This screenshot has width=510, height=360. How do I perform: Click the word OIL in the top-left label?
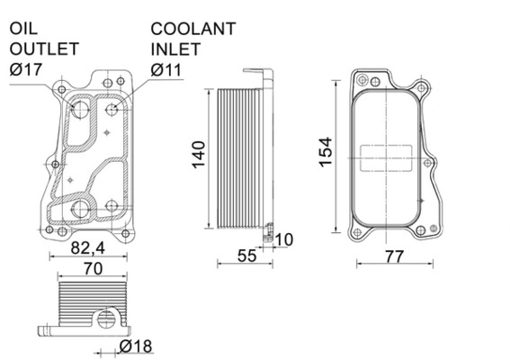click(24, 29)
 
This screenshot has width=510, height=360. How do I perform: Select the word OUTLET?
click(44, 49)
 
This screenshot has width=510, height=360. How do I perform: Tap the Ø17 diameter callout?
click(26, 68)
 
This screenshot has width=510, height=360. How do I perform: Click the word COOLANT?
click(193, 29)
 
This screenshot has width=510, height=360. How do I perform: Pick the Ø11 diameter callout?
click(167, 68)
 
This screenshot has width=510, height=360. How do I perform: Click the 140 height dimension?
click(199, 155)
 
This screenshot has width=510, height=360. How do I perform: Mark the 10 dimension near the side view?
click(283, 239)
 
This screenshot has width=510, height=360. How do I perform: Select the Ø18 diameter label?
click(134, 346)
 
